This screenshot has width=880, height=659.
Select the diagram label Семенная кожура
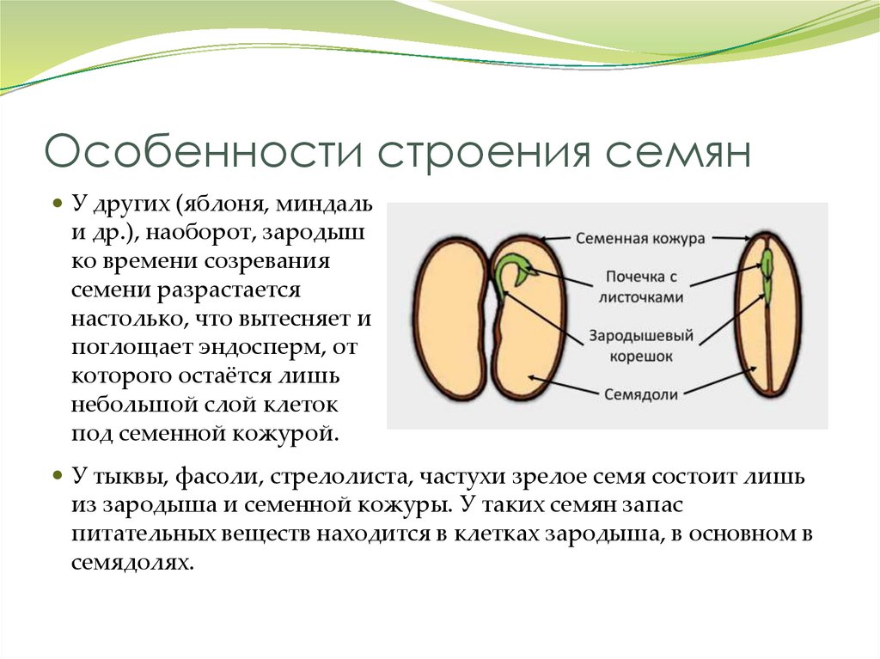click(x=639, y=239)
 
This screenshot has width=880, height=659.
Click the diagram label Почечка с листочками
click(x=641, y=286)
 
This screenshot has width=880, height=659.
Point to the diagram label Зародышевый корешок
click(x=641, y=345)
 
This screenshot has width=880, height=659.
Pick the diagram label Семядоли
click(x=641, y=394)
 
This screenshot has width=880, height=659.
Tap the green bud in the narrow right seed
click(x=767, y=278)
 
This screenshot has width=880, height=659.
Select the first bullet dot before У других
click(x=57, y=203)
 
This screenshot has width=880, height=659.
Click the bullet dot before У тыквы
click(x=57, y=475)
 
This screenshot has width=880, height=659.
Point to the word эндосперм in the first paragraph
click(x=261, y=348)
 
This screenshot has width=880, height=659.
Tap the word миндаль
click(x=324, y=204)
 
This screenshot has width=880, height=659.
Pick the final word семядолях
click(x=132, y=563)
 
